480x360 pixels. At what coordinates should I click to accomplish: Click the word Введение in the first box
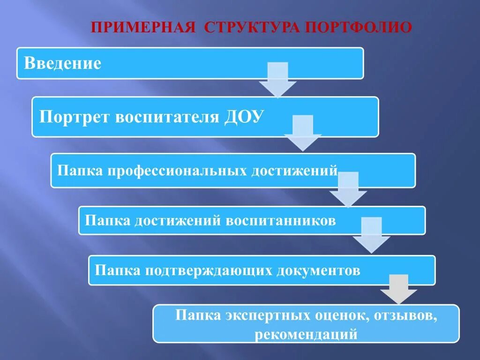click(62, 63)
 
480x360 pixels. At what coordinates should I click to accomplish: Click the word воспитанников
click(281, 220)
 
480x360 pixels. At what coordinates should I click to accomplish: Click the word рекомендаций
click(307, 335)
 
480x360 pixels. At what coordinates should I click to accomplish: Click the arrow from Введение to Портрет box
click(277, 81)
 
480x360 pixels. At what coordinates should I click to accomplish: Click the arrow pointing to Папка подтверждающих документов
click(371, 236)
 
